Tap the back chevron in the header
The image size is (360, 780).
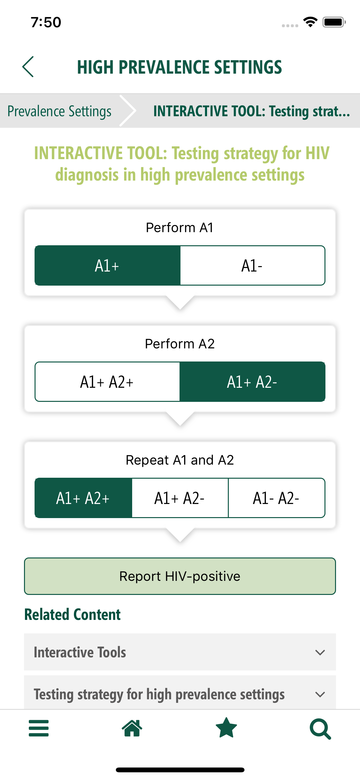click(28, 67)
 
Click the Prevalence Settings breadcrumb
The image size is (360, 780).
click(60, 111)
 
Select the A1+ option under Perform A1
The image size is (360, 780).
click(108, 265)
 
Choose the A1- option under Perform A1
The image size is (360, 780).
click(252, 265)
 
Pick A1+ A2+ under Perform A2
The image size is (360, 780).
click(107, 382)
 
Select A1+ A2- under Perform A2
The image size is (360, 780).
click(252, 382)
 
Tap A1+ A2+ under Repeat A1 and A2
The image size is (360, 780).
click(83, 498)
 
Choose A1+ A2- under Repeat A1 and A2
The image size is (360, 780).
click(180, 498)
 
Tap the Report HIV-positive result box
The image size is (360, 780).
click(180, 576)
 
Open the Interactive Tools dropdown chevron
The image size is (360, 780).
click(320, 652)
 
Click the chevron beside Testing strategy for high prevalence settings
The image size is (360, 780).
click(320, 694)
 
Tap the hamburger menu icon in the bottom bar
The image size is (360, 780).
click(39, 728)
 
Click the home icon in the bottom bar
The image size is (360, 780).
click(132, 728)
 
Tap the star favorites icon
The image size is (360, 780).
click(227, 727)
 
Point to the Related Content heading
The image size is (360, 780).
click(73, 614)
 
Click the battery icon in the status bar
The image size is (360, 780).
click(334, 22)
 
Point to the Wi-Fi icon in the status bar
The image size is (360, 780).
click(310, 22)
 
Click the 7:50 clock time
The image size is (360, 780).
click(46, 22)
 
